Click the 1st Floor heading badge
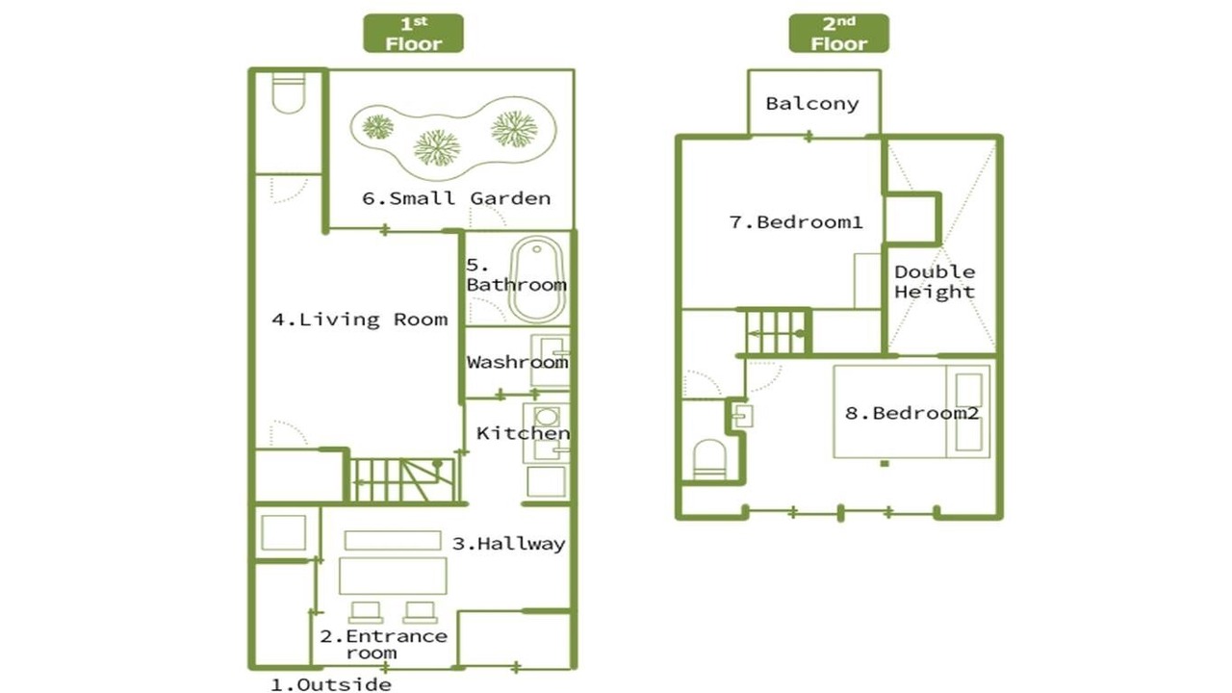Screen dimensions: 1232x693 click(413, 34)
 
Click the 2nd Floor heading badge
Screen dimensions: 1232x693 click(838, 34)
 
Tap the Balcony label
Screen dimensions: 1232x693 click(812, 103)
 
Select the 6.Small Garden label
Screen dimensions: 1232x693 click(456, 198)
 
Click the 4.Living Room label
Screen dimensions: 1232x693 click(360, 320)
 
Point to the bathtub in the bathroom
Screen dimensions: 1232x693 click(537, 279)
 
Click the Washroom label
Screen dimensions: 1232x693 click(517, 362)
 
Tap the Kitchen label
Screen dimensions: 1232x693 click(523, 433)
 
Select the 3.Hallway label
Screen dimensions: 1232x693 click(509, 544)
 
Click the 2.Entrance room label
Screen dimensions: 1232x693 click(383, 644)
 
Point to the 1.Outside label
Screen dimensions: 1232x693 click(331, 684)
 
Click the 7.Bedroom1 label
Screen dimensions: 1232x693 click(796, 222)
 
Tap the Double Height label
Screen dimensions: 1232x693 click(935, 282)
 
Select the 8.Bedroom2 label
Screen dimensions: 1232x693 click(911, 413)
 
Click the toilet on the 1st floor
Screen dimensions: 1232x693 click(288, 93)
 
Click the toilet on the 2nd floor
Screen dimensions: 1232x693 click(709, 460)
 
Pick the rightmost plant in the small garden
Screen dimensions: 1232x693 click(514, 129)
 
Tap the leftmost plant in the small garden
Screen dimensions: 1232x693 click(378, 127)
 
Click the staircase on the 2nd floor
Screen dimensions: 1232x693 click(777, 332)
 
